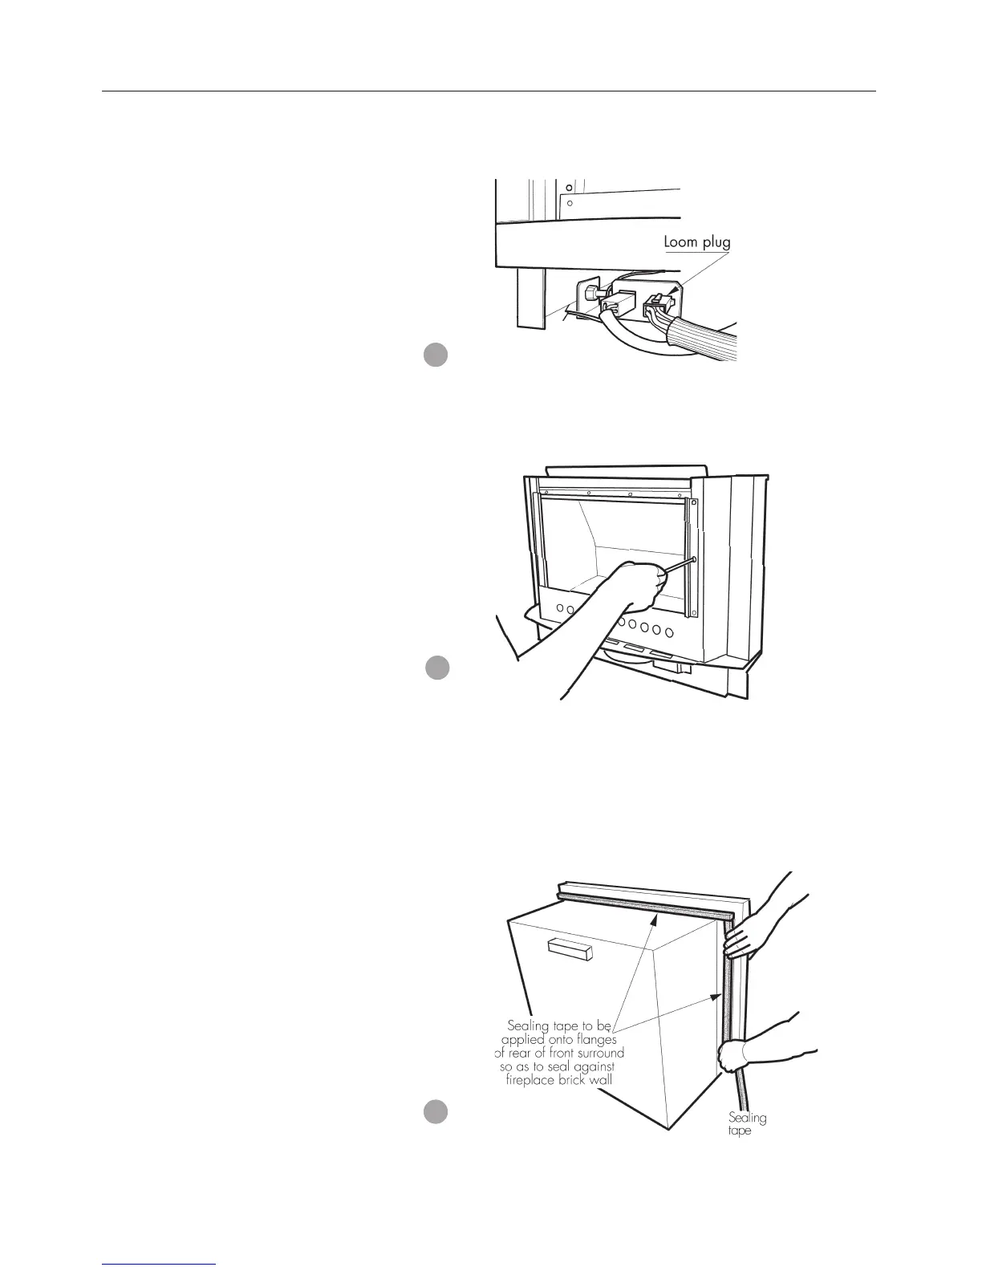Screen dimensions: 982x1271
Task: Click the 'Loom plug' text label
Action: pyautogui.click(x=696, y=241)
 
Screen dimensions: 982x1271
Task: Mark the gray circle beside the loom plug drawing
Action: pyautogui.click(x=435, y=355)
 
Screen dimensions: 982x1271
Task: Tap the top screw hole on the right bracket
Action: pyautogui.click(x=692, y=504)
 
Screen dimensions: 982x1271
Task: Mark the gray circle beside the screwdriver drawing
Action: pyautogui.click(x=436, y=668)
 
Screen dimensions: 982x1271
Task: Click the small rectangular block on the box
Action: pyautogui.click(x=569, y=950)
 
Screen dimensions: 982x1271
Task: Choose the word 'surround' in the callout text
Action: pyautogui.click(x=599, y=1053)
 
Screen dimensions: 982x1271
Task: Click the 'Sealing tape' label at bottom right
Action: pyautogui.click(x=747, y=1123)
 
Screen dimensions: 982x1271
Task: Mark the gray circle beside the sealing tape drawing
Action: pyautogui.click(x=436, y=1112)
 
